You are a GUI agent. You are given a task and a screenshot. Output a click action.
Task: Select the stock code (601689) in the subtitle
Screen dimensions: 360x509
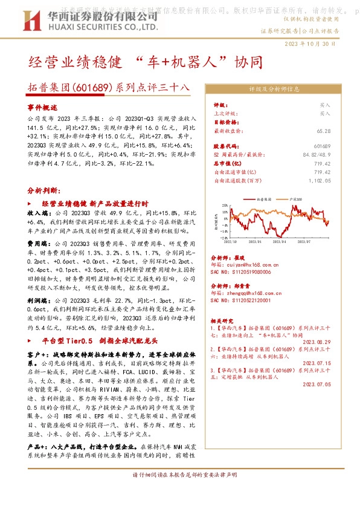90,87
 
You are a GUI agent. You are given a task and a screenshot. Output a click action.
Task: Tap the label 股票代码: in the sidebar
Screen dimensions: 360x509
227,146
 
